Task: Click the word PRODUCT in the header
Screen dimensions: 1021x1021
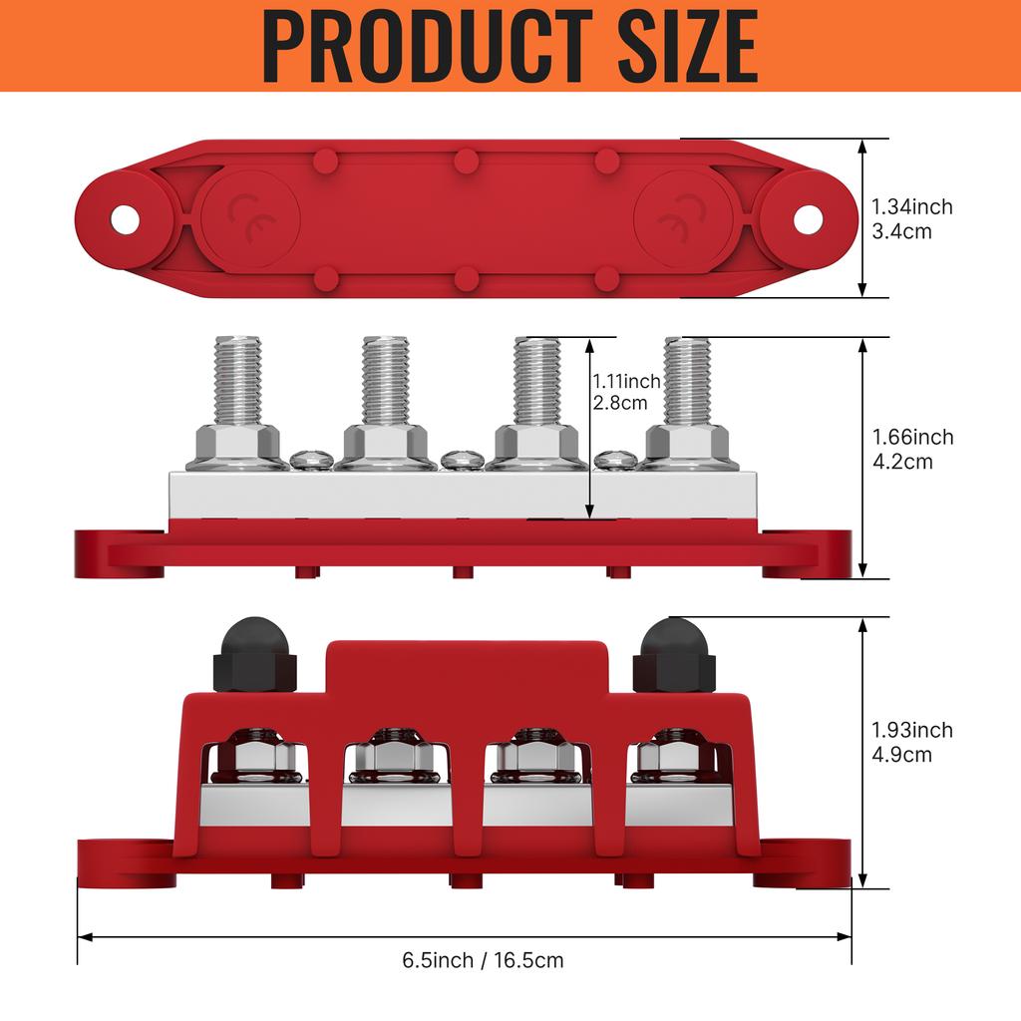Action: [427, 48]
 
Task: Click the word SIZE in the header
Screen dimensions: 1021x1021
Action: [688, 48]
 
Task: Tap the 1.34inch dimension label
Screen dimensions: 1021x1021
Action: [912, 207]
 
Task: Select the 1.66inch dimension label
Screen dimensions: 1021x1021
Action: [913, 437]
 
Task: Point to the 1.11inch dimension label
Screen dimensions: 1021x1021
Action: [626, 381]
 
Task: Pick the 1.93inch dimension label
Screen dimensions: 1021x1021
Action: [912, 730]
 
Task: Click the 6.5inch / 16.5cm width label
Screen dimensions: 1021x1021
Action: [483, 960]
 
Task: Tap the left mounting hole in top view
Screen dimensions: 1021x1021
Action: [125, 220]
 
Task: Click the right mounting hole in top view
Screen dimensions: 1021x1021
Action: [808, 219]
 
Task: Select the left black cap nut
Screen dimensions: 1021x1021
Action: [254, 654]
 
